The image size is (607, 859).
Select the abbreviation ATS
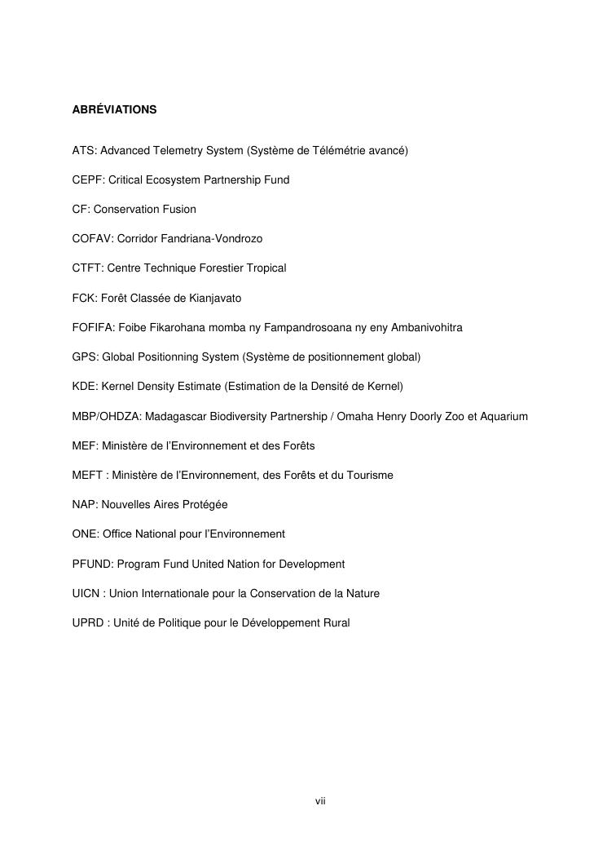click(x=83, y=150)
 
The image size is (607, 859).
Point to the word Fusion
click(x=178, y=210)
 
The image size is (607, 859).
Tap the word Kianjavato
click(x=214, y=299)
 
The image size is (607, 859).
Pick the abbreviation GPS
click(x=84, y=357)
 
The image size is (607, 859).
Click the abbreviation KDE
click(x=84, y=387)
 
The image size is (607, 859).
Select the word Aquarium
click(x=504, y=417)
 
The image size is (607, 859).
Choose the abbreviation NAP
click(x=84, y=505)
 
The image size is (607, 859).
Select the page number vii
click(x=320, y=802)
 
